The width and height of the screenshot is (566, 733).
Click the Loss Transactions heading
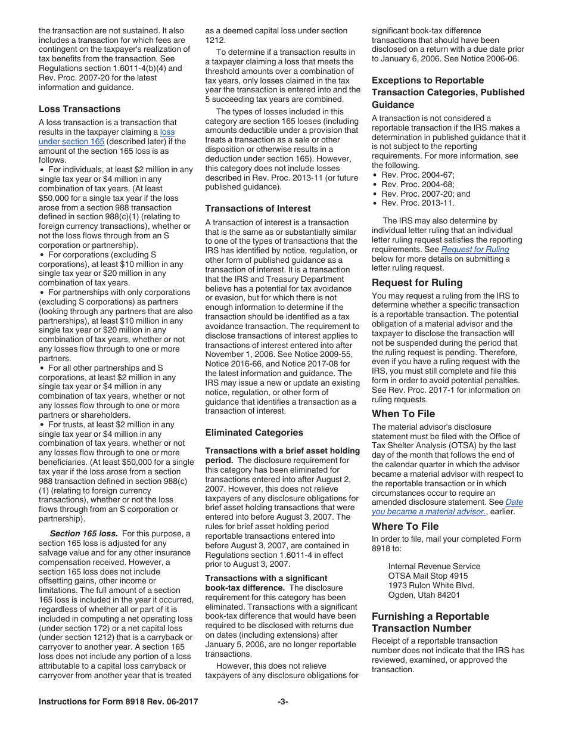[x=79, y=109]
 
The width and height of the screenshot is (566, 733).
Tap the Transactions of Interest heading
[x=257, y=209]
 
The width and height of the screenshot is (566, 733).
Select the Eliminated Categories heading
[x=254, y=433]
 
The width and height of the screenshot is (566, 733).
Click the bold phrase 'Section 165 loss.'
[x=83, y=534]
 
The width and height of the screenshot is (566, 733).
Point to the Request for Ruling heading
[x=417, y=283]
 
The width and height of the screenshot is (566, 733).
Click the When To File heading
[x=403, y=414]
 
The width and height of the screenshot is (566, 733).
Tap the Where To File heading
[x=405, y=527]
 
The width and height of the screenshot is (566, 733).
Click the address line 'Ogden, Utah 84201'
[x=424, y=595]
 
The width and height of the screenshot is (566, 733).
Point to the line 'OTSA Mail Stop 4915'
[x=428, y=576]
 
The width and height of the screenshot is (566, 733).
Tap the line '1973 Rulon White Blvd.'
[x=432, y=585]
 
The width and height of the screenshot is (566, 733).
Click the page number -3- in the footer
[x=283, y=702]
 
